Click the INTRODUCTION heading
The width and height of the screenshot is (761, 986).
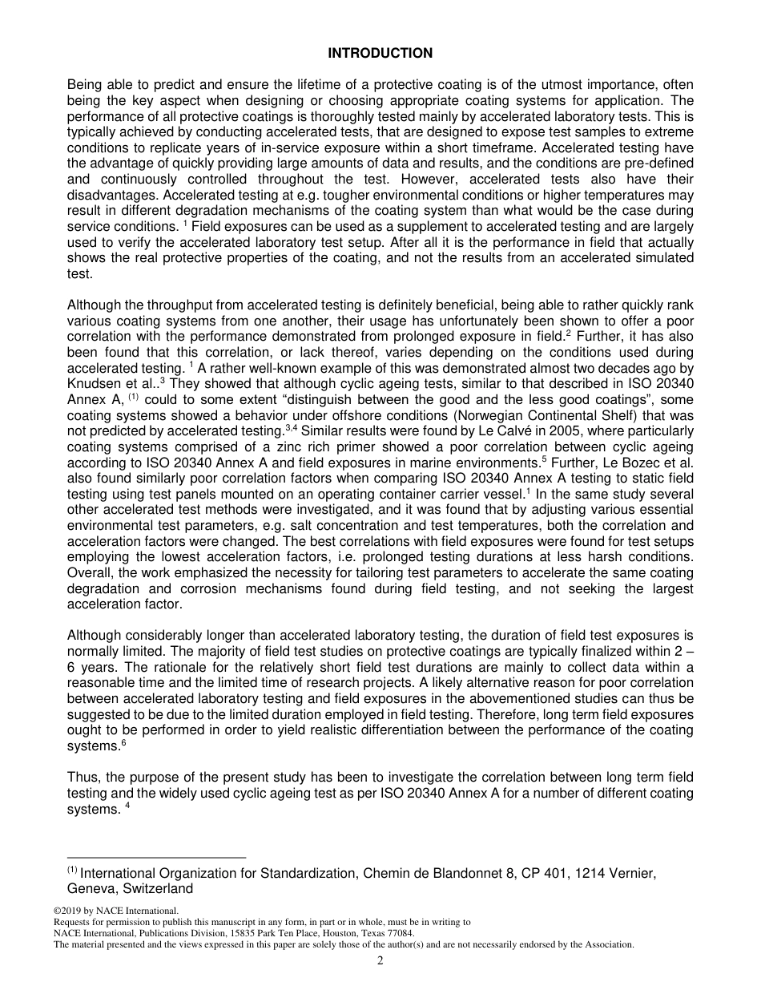[x=380, y=54]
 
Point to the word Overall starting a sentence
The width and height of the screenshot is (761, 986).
[x=90, y=573]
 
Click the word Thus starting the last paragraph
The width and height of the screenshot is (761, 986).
[x=82, y=778]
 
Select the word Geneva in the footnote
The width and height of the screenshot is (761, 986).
[x=90, y=889]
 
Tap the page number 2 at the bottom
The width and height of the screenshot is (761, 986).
[x=380, y=962]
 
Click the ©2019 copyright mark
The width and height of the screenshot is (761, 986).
[x=68, y=911]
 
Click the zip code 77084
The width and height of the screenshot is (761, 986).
[x=398, y=933]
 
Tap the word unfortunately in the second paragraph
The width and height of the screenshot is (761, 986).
[x=479, y=321]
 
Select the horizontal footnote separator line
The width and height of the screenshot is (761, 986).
[x=156, y=858]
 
